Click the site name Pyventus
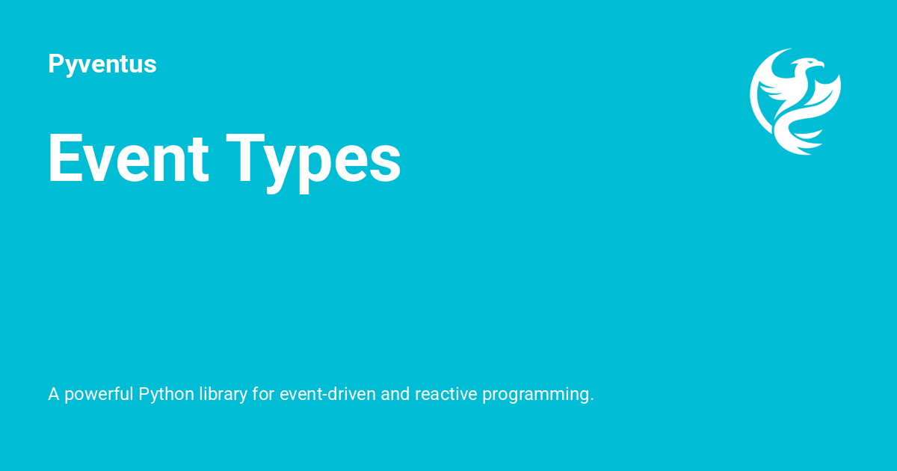point(102,64)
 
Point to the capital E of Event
point(64,158)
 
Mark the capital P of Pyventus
point(55,64)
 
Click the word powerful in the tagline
point(99,394)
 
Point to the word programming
point(537,395)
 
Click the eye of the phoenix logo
point(807,64)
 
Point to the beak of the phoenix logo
point(822,66)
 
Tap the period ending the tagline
point(592,399)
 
